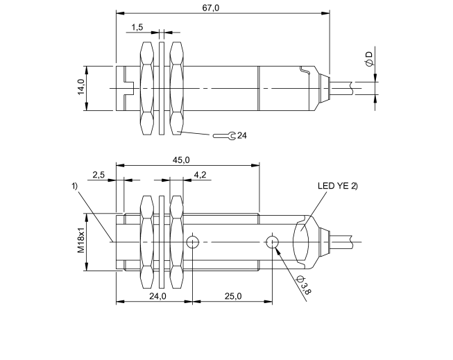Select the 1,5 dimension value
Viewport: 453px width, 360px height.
point(137,26)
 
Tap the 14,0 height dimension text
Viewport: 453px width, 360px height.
point(81,88)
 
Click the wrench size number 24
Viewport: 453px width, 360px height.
point(241,135)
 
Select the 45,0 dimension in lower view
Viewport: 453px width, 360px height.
point(180,160)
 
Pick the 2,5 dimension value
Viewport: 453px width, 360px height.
point(98,175)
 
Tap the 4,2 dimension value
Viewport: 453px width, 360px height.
point(200,175)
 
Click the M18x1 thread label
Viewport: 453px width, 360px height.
point(80,241)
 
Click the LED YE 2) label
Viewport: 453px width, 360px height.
point(337,185)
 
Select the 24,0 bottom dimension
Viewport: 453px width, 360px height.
point(158,296)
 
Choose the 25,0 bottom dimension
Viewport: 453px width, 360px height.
point(232,296)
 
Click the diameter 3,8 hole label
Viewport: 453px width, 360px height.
point(303,284)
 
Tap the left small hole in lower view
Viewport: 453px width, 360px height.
point(193,241)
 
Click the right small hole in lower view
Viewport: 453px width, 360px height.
point(273,241)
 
